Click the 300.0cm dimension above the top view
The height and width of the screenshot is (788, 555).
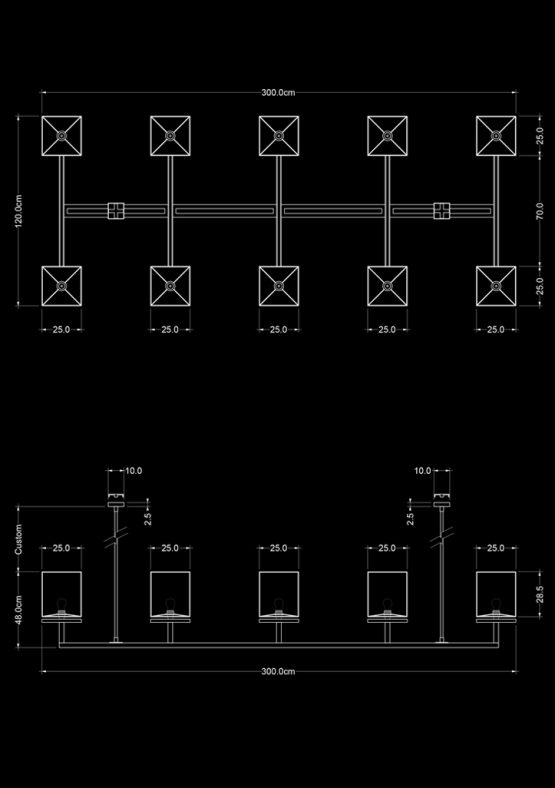278,92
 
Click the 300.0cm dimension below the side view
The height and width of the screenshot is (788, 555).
278,671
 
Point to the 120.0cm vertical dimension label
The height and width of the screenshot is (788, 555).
19,211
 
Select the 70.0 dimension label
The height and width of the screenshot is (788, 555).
539,211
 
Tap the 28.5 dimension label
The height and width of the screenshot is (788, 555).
539,595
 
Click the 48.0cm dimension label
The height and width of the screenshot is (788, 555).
19,610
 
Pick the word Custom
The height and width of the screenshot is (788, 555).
19,539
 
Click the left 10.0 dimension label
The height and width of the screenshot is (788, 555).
134,471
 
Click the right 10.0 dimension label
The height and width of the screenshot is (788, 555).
423,471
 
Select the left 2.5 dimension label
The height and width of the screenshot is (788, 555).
148,519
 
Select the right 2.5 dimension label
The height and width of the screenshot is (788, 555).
410,519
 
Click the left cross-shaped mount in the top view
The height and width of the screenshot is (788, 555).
116,211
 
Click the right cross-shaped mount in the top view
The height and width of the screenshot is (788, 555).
442,211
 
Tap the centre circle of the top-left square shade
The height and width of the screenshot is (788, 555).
61,136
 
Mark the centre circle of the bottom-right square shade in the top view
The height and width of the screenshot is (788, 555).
496,286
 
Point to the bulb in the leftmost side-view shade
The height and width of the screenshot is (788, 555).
61,604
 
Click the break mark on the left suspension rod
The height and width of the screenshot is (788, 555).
116,537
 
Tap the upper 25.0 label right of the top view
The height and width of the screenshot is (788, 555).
539,136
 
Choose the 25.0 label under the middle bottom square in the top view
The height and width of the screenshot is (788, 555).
279,330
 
